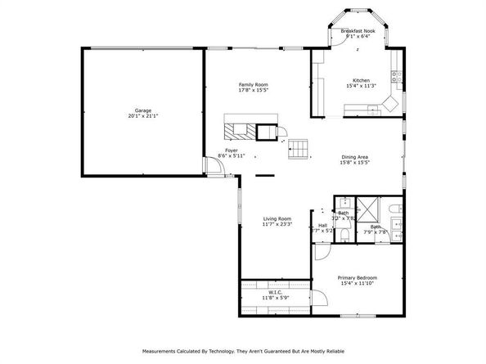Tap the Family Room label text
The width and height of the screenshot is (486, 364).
(253, 84)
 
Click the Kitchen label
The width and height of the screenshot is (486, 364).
(361, 80)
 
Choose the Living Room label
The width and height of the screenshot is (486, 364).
(277, 218)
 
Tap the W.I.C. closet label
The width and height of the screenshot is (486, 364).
(275, 292)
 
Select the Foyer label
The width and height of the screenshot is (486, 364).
(232, 151)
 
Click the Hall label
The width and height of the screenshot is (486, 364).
(322, 225)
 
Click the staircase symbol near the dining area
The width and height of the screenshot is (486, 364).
(298, 149)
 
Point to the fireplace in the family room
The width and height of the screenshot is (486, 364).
(239, 130)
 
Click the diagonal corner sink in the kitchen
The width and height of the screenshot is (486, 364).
(390, 104)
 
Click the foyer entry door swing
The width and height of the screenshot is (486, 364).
(214, 168)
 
